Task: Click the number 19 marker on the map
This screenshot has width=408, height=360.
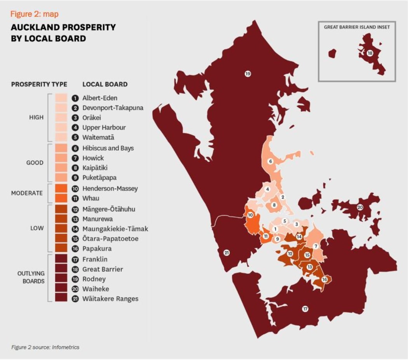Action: [248, 73]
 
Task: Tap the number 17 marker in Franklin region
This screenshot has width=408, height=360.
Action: [305, 309]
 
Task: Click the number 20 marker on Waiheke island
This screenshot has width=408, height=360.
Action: [360, 207]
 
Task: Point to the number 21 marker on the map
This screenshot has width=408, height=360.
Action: [227, 253]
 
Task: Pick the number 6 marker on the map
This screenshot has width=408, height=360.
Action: [270, 161]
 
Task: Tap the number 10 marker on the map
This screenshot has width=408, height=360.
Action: [251, 215]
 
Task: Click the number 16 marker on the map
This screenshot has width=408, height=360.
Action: [324, 279]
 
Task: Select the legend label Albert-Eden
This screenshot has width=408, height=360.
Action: [99, 98]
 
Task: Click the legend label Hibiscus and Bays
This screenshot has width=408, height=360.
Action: [108, 148]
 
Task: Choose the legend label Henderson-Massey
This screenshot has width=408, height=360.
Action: [110, 189]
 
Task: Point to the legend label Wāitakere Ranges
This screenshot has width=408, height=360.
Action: [110, 299]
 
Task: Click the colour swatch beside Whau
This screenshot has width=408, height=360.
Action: [61, 198]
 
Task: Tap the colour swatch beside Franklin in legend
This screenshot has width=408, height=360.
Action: [61, 259]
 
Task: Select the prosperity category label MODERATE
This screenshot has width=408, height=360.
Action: [27, 193]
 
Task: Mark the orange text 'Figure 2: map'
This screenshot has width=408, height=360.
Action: [35, 14]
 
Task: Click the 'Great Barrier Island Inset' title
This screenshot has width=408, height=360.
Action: [357, 27]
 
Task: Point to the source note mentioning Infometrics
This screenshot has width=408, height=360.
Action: [45, 347]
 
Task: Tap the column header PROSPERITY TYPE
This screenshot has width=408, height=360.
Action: [39, 84]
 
